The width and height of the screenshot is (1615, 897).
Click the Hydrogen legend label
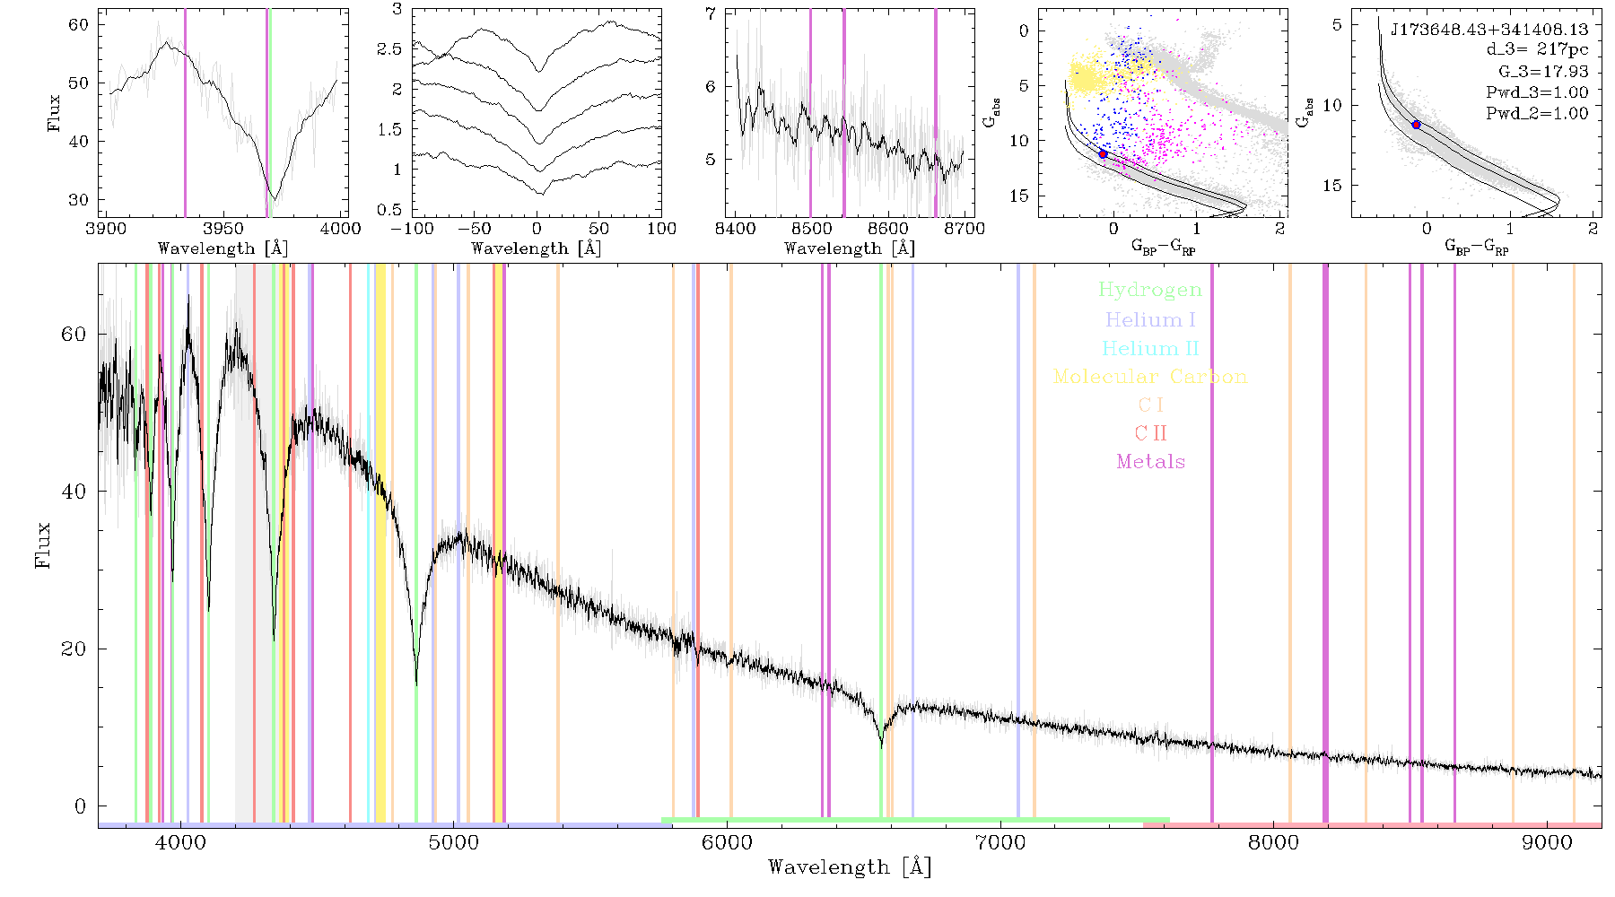[1149, 290]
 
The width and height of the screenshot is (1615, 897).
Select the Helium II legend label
[1149, 348]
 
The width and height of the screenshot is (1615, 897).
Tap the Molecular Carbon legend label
[1150, 377]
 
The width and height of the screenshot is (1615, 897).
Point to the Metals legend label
[1150, 461]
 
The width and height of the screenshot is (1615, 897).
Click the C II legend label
[1150, 433]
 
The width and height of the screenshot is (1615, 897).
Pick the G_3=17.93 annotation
[1543, 71]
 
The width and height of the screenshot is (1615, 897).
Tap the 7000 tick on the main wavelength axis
[1000, 842]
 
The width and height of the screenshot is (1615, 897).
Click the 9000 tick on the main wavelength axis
[1547, 842]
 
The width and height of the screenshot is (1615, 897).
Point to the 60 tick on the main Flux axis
[74, 334]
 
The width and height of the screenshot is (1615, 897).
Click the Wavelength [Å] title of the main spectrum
[850, 867]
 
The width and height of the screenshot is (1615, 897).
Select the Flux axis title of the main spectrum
[42, 544]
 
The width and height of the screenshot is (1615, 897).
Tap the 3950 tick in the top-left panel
[223, 228]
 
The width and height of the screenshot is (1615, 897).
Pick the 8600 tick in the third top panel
[888, 228]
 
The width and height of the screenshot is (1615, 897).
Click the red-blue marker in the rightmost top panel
[1417, 125]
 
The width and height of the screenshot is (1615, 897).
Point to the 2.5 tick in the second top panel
[389, 48]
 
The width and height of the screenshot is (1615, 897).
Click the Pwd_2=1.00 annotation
[1537, 114]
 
